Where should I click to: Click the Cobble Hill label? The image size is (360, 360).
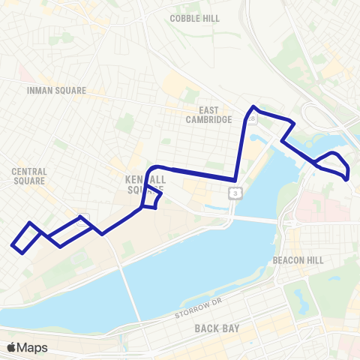194,18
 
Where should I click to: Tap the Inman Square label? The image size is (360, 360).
57,91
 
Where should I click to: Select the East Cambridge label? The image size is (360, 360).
205,113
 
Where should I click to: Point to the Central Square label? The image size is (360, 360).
29,176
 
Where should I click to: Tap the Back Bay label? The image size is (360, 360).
216,328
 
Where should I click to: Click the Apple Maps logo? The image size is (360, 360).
27,347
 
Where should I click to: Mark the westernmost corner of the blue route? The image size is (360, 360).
12,244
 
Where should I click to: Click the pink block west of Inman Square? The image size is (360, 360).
22,73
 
